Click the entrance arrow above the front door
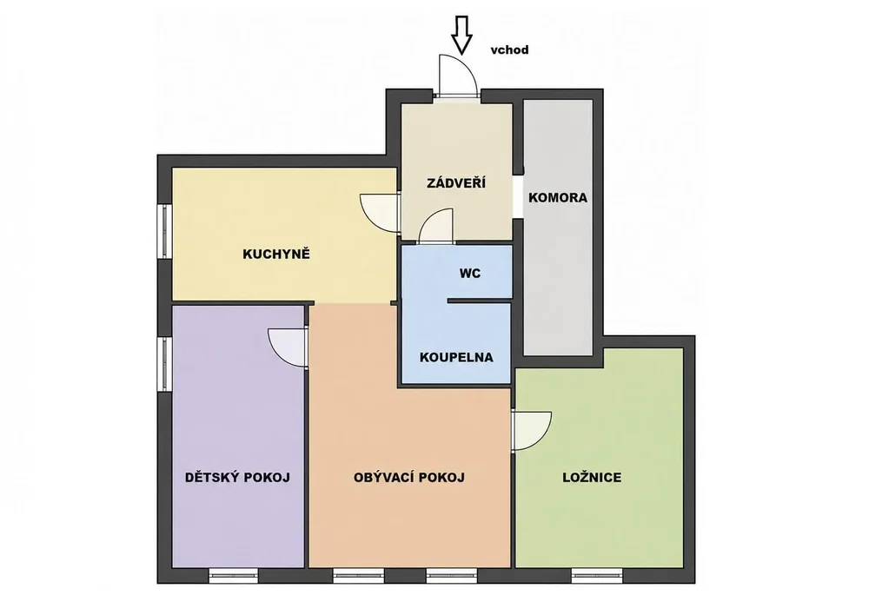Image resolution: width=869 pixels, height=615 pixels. click(x=461, y=35)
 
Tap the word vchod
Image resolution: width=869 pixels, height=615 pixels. click(x=509, y=50)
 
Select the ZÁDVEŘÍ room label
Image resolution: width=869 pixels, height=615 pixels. click(x=456, y=182)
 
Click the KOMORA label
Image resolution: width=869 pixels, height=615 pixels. click(x=558, y=198)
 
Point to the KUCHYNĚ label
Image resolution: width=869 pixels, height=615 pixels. click(x=276, y=255)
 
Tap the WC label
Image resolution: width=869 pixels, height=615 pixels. click(x=470, y=273)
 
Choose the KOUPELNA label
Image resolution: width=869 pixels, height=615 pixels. click(x=456, y=357)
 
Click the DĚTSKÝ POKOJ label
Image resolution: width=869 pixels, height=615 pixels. click(x=237, y=477)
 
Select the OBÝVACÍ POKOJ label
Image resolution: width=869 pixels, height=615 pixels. click(x=409, y=478)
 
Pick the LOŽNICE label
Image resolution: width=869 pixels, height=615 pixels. click(x=592, y=478)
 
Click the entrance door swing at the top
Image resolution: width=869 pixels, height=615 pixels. click(x=457, y=76)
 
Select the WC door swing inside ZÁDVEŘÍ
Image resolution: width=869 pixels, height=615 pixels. click(x=437, y=226)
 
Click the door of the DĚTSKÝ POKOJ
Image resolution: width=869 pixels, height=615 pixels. click(x=288, y=347)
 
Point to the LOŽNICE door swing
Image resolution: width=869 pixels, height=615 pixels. click(x=531, y=432)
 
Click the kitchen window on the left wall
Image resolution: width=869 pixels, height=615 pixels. click(x=164, y=231)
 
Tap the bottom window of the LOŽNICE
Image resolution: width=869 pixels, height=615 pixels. click(x=598, y=576)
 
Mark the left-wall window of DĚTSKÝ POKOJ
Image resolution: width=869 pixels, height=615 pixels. click(x=164, y=364)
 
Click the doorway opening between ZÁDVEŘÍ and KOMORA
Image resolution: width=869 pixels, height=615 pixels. click(x=518, y=196)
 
